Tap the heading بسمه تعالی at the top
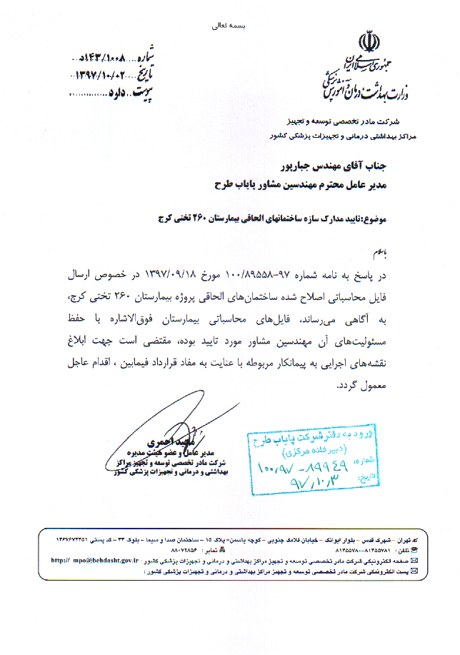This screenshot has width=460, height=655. pyautogui.click(x=229, y=25)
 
